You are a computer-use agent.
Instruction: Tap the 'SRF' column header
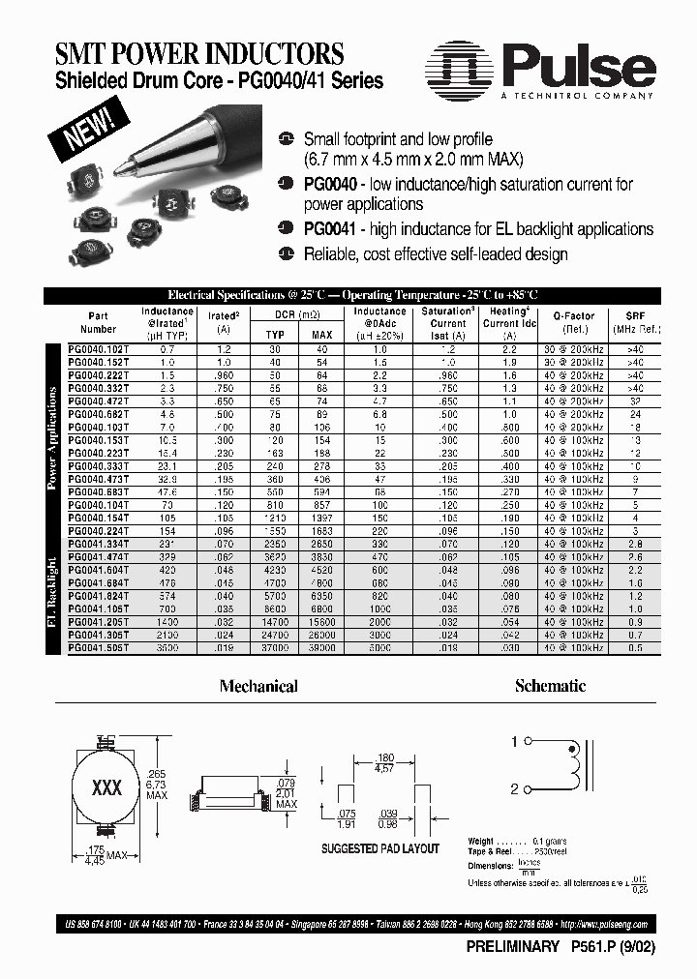point(634,315)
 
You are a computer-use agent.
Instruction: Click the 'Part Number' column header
point(99,322)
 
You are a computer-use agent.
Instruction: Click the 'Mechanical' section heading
point(258,686)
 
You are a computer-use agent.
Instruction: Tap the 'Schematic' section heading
point(550,686)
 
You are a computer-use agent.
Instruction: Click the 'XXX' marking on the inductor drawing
point(106,787)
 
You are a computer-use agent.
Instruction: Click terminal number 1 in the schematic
point(514,742)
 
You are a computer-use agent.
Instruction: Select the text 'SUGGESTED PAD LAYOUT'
point(379,848)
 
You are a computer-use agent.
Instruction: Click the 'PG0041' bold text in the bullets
point(330,229)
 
